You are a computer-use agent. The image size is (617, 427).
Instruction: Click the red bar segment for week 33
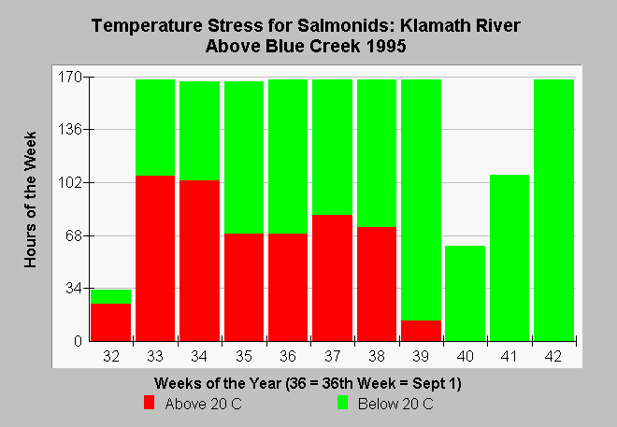(x=155, y=258)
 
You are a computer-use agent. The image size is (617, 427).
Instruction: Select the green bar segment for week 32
(x=111, y=296)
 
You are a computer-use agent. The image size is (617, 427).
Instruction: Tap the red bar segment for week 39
(x=421, y=331)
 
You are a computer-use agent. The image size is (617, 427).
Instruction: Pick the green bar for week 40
(x=466, y=293)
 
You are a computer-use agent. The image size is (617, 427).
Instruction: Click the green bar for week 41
(x=509, y=258)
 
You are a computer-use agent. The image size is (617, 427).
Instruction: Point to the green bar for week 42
(x=553, y=210)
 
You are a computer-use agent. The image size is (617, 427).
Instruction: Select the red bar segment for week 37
(x=333, y=278)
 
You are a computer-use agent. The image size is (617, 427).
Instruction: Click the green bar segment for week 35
(x=244, y=157)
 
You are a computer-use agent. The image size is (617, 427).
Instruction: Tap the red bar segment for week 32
(x=111, y=322)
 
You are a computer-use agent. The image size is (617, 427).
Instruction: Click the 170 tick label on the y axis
(x=70, y=77)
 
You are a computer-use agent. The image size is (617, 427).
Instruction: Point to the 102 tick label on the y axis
(x=70, y=182)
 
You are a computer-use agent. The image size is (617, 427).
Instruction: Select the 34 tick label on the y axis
(x=74, y=288)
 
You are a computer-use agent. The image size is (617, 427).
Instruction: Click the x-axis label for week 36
(x=288, y=356)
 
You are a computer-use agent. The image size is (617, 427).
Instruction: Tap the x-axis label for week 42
(x=553, y=356)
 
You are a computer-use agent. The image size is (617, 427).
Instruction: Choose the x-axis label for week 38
(x=377, y=356)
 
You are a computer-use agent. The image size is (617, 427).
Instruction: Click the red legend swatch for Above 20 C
(x=150, y=403)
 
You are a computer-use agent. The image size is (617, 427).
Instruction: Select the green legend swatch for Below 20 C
(x=343, y=403)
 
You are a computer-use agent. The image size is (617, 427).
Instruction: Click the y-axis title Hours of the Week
(x=30, y=200)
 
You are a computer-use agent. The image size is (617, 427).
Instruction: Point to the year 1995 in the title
(x=385, y=46)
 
